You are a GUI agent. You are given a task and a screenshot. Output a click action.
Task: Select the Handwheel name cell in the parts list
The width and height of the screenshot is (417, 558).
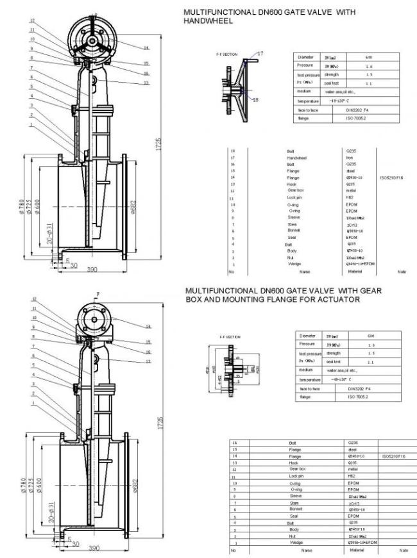pyautogui.click(x=297, y=158)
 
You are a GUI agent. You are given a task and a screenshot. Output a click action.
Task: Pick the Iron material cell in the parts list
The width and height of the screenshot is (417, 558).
pyautogui.click(x=350, y=158)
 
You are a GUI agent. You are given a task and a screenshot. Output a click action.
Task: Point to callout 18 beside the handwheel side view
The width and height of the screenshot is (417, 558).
pyautogui.click(x=255, y=100)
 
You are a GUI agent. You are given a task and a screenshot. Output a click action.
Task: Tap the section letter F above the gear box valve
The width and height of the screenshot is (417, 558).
pyautogui.click(x=98, y=293)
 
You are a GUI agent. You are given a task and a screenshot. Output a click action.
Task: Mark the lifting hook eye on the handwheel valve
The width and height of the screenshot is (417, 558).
pyautogui.click(x=94, y=80)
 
